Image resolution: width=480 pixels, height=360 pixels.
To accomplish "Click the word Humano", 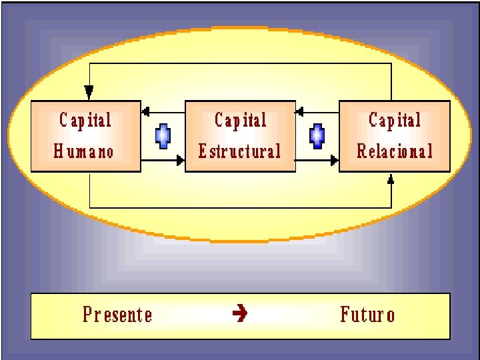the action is [84, 151].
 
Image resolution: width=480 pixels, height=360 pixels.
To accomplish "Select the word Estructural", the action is [239, 151].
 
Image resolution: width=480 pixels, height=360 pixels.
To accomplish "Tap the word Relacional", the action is [395, 151].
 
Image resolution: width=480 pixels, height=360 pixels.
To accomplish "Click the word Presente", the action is [117, 314].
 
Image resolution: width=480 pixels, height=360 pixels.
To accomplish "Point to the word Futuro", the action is [367, 314].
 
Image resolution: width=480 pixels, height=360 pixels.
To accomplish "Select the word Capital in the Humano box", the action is [85, 120].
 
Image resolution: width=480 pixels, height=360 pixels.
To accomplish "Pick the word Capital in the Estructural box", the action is [240, 120].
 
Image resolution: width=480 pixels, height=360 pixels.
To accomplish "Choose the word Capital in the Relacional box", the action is [395, 120].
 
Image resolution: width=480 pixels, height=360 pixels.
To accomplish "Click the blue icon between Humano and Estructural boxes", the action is [162, 136].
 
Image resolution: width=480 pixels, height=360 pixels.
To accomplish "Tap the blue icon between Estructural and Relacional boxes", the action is [317, 136].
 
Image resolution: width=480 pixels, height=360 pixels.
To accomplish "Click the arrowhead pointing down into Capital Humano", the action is [89, 93].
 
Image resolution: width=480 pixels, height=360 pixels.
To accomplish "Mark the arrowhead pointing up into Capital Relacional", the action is [391, 179].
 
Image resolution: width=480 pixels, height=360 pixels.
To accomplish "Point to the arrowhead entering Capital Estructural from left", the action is [179, 161].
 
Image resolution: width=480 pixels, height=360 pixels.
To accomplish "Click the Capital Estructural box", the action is [240, 137].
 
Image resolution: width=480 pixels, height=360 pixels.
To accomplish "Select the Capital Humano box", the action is [85, 137].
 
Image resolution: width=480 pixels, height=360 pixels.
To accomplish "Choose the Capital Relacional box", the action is [395, 137].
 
